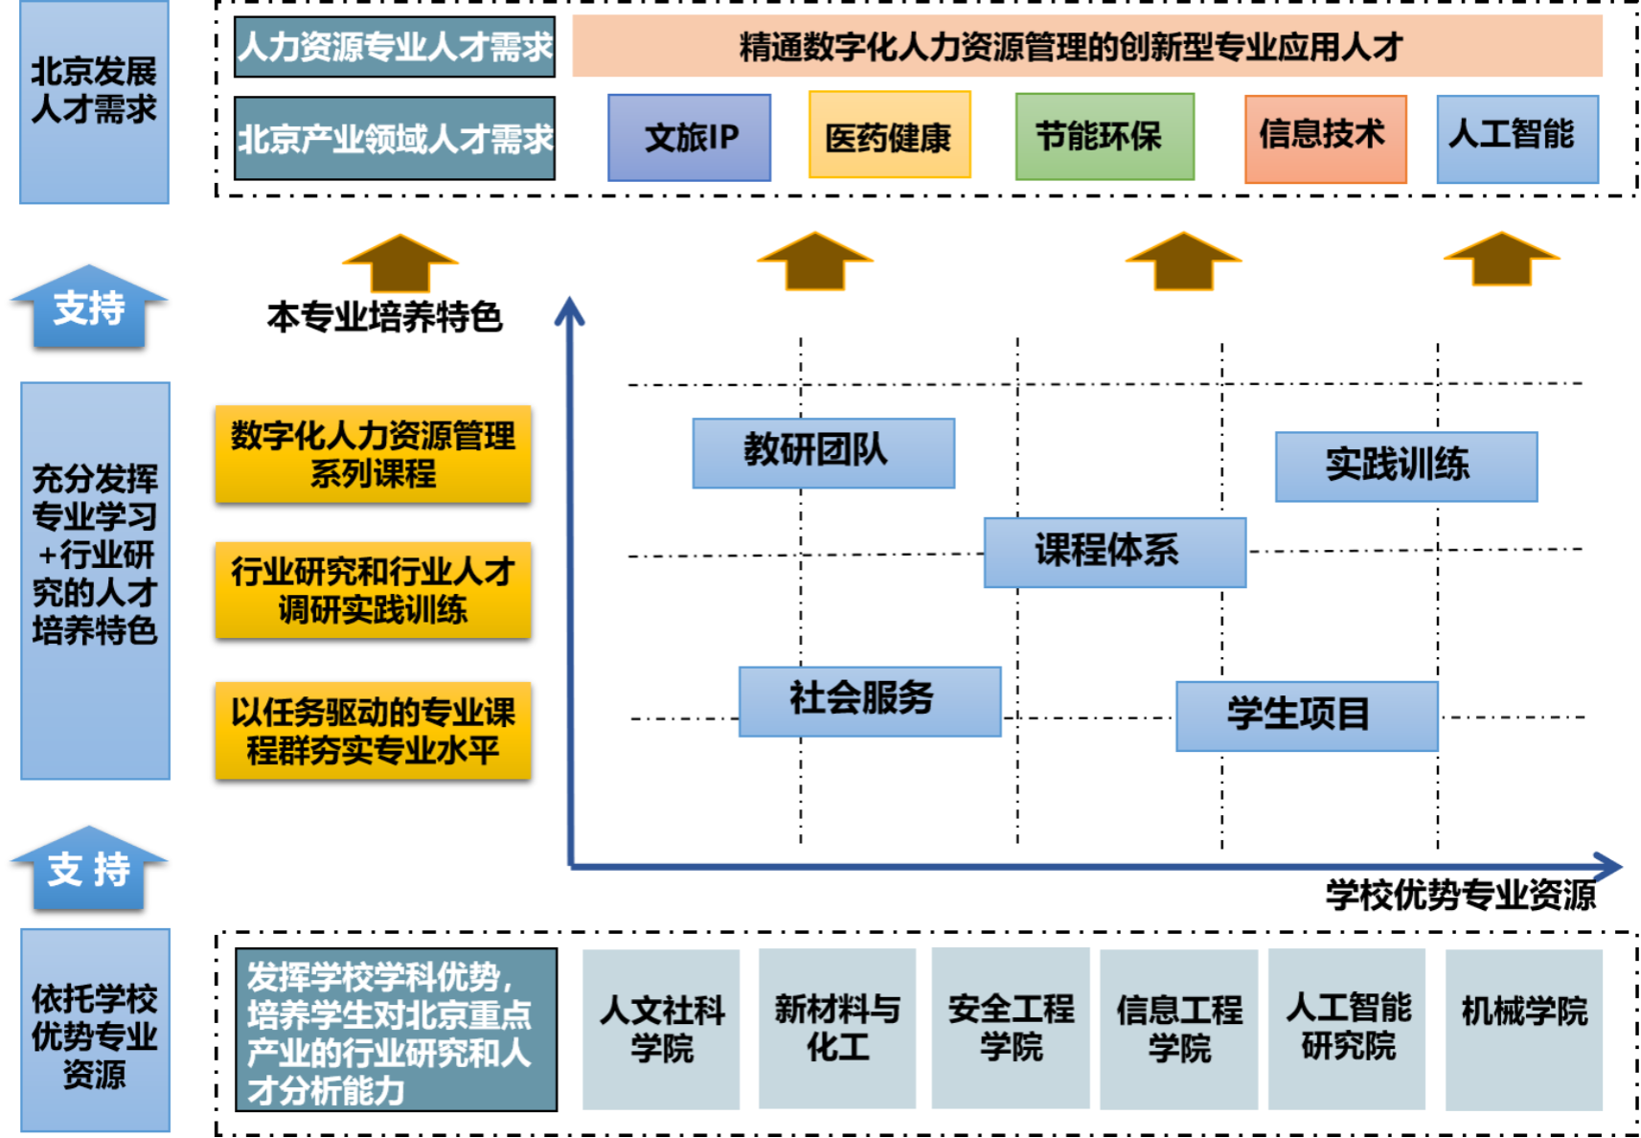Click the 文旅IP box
[689, 137]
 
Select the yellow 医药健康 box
[889, 136]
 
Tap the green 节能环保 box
[1105, 136]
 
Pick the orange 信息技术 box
[1325, 138]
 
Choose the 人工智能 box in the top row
[1516, 138]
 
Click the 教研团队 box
[823, 453]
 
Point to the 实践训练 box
[1405, 467]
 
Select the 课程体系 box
[1114, 553]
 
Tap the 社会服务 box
[869, 701]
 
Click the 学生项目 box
[1306, 716]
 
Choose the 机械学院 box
[1523, 1029]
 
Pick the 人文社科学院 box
[661, 1029]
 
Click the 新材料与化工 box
[837, 1028]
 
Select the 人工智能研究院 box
[1347, 1029]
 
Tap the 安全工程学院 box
[1011, 1028]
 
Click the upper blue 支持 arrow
[89, 307]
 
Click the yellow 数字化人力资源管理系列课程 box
[373, 454]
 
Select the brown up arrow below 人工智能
[1500, 260]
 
